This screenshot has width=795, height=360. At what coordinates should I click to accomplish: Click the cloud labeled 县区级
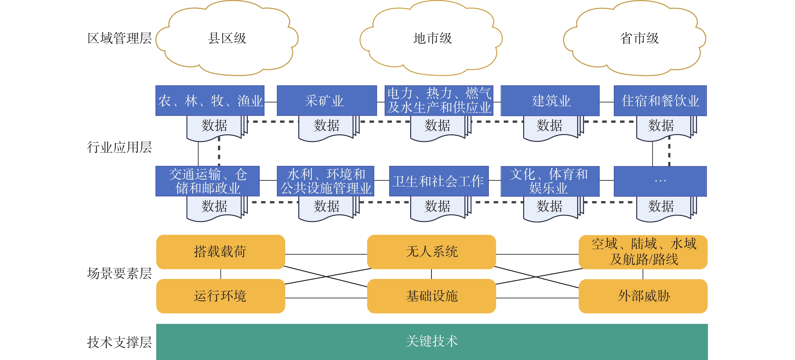click(227, 38)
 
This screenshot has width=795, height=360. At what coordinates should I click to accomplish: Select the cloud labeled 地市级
click(431, 38)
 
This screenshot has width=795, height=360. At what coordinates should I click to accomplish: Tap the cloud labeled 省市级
click(635, 38)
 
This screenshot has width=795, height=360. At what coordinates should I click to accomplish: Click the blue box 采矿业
click(327, 101)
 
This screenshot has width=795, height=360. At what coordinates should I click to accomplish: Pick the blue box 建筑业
click(550, 101)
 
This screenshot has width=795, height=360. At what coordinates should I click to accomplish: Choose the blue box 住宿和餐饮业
click(660, 101)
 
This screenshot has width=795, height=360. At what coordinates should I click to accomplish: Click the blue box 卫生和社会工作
click(439, 181)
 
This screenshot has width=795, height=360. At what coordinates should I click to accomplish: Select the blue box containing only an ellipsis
click(660, 181)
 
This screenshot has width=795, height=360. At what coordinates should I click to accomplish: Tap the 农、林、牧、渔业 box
click(210, 101)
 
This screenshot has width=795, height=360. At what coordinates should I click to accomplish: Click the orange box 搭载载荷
click(221, 252)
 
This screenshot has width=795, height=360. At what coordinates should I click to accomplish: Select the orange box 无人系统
click(432, 252)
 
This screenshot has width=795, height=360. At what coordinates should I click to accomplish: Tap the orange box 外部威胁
click(643, 296)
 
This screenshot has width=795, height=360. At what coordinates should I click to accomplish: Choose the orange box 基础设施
click(432, 296)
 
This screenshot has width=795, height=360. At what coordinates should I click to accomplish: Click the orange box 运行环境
click(221, 296)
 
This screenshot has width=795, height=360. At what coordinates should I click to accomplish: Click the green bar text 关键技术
click(432, 341)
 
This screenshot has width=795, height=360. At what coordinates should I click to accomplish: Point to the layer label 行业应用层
click(119, 147)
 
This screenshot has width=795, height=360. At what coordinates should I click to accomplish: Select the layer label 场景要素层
click(119, 273)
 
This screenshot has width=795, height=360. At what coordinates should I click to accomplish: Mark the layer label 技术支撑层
click(119, 342)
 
